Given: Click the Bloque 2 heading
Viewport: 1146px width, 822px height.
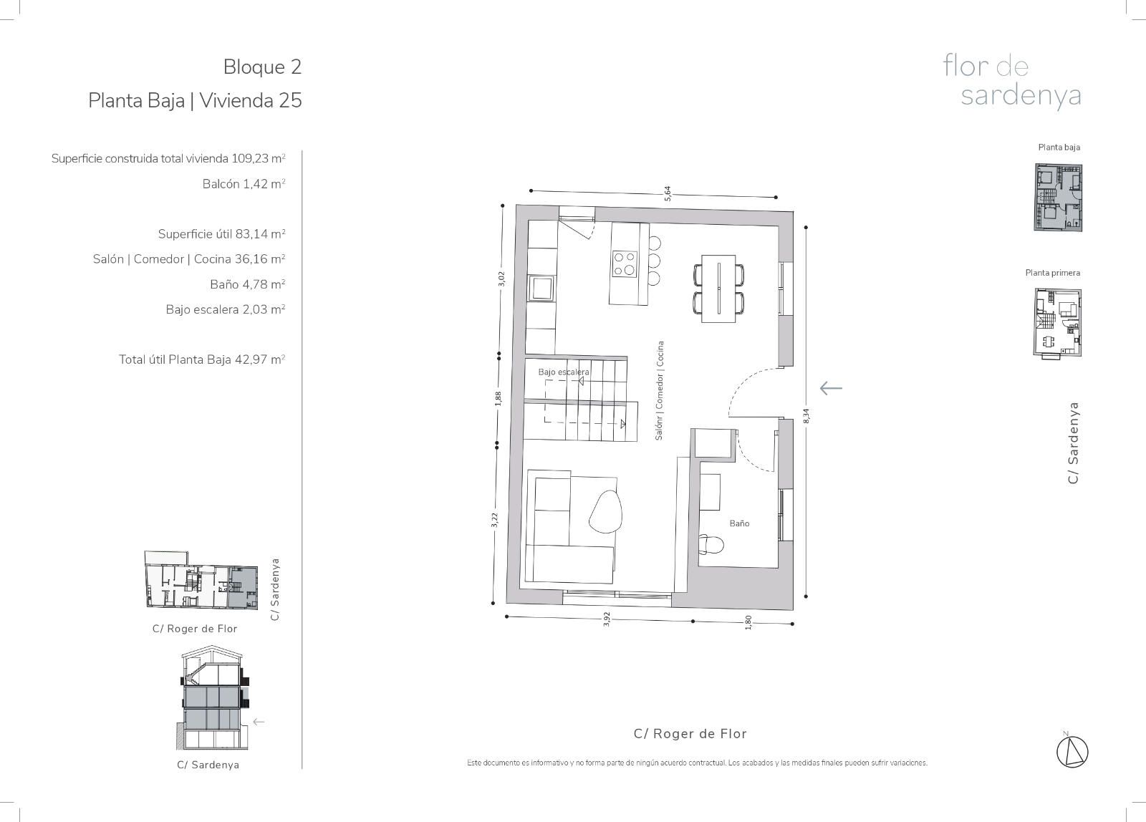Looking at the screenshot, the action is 262,67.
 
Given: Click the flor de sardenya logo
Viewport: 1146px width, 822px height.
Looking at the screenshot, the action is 1012,82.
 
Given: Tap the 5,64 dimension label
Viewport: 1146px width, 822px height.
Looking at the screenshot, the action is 667,193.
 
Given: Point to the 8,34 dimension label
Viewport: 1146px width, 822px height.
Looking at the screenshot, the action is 806,415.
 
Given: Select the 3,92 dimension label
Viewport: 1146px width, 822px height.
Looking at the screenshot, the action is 607,619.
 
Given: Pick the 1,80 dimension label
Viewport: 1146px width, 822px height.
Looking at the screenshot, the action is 748,622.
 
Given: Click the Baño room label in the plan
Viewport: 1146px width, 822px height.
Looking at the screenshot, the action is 739,523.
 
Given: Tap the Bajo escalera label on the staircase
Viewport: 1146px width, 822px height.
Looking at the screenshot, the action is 563,372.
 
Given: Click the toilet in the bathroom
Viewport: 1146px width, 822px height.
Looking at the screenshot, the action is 711,545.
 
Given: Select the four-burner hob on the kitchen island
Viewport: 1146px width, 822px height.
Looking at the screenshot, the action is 624,264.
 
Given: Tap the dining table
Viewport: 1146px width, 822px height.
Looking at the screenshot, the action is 718,289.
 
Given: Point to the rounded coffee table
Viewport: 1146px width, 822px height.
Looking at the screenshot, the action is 606,511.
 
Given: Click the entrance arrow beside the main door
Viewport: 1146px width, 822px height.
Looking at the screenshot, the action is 831,388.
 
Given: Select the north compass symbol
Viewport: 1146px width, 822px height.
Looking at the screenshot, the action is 1072,752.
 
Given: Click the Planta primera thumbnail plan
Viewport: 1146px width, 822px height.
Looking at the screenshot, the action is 1057,323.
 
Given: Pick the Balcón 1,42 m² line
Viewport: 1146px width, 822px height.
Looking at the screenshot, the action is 244,183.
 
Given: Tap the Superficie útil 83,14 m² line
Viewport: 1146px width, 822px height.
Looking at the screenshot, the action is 221,233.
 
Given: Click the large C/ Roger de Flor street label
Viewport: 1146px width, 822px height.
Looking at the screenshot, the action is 690,733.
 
